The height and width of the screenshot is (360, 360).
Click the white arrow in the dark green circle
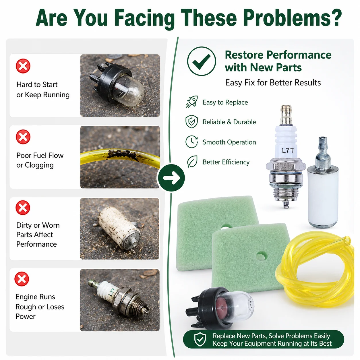[x=171, y=178]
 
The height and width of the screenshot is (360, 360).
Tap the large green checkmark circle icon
[x=202, y=61]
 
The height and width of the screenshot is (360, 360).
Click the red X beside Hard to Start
[x=23, y=66]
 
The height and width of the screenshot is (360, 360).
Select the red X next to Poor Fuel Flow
[x=23, y=137]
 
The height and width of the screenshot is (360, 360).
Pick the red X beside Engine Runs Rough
[x=22, y=279]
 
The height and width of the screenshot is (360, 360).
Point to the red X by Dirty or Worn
[x=23, y=208]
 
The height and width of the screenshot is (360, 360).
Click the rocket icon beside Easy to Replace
[x=192, y=102]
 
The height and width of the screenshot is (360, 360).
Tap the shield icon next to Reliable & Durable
[x=191, y=121]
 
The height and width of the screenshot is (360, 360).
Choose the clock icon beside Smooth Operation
[x=191, y=142]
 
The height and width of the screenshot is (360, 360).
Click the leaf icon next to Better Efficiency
[x=192, y=162]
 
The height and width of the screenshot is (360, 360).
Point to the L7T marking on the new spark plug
[x=288, y=150]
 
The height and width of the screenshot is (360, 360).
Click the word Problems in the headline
[x=292, y=18]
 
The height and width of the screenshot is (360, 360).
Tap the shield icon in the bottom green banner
[x=200, y=339]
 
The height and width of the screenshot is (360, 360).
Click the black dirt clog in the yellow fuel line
[x=122, y=154]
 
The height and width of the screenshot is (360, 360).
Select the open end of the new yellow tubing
[x=347, y=241]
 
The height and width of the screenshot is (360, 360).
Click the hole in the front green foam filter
[x=261, y=256]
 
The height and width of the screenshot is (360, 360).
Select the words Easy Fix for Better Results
[x=273, y=83]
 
